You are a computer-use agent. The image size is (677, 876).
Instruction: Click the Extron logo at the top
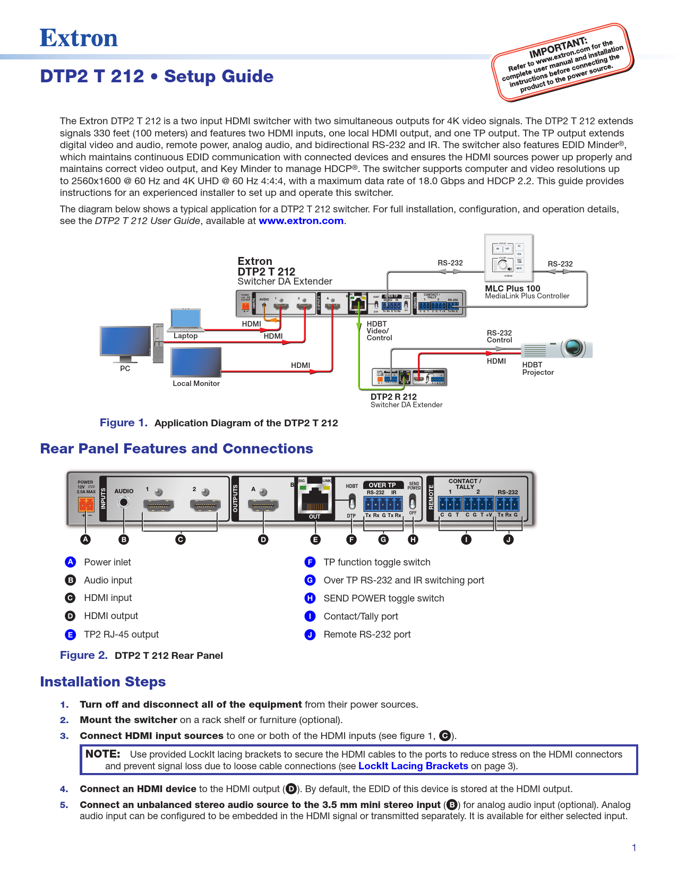[79, 38]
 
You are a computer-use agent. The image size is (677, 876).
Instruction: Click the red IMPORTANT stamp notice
[563, 62]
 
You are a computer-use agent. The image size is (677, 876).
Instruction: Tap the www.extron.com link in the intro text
[301, 221]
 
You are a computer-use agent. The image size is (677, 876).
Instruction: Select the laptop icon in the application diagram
[185, 320]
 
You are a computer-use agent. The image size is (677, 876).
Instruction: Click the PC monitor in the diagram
[125, 341]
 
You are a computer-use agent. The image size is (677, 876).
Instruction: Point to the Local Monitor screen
[195, 362]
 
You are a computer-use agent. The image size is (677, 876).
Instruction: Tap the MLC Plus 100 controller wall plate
[509, 258]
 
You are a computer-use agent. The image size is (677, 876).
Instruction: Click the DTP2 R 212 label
[393, 397]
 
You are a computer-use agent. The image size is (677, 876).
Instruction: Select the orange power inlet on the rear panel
[85, 503]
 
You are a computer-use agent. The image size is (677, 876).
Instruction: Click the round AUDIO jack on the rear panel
[124, 502]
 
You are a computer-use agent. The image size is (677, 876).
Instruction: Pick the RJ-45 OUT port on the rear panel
[315, 499]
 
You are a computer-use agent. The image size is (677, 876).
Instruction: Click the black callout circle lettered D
[263, 539]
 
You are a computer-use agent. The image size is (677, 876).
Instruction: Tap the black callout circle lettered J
[508, 539]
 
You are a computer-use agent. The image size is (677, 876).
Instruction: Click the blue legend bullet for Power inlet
[70, 562]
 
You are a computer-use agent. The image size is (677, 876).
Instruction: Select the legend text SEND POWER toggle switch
[383, 598]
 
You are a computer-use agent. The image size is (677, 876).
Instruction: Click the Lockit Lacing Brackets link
[413, 766]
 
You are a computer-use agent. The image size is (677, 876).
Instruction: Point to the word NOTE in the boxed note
[103, 754]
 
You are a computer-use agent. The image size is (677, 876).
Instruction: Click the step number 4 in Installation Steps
[64, 789]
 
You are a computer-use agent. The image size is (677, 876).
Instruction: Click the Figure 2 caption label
[84, 655]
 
